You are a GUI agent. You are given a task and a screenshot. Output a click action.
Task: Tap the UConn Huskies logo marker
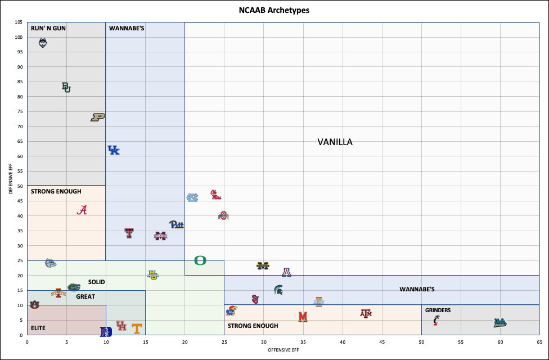pyautogui.click(x=43, y=43)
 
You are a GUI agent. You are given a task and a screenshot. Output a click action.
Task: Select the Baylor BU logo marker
pyautogui.click(x=66, y=87)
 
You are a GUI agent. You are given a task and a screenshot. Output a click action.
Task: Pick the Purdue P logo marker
pyautogui.click(x=98, y=117)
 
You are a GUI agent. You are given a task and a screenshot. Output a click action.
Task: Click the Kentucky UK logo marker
pyautogui.click(x=114, y=150)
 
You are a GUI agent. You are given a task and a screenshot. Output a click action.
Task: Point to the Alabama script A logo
pyautogui.click(x=83, y=210)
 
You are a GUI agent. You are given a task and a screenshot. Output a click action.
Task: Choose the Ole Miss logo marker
pyautogui.click(x=216, y=195)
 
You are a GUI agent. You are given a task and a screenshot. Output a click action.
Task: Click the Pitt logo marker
pyautogui.click(x=177, y=224)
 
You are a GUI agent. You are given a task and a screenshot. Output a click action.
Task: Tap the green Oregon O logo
pyautogui.click(x=200, y=260)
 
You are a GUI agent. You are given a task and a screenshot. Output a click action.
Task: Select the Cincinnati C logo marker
pyautogui.click(x=436, y=320)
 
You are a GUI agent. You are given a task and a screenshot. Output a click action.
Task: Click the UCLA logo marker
pyautogui.click(x=499, y=323)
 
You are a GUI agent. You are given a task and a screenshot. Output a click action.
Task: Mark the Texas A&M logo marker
pyautogui.click(x=366, y=313)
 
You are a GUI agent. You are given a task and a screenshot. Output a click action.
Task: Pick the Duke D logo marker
pyautogui.click(x=106, y=332)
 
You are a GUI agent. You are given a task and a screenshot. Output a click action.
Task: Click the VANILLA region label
pyautogui.click(x=335, y=142)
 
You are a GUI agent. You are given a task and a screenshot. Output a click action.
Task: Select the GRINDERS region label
pyautogui.click(x=438, y=310)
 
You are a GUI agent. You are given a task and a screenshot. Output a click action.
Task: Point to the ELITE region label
pyautogui.click(x=38, y=327)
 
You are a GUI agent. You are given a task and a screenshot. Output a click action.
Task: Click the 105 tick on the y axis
pyautogui.click(x=19, y=22)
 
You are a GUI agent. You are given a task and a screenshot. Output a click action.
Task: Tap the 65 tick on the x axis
pyautogui.click(x=539, y=341)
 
